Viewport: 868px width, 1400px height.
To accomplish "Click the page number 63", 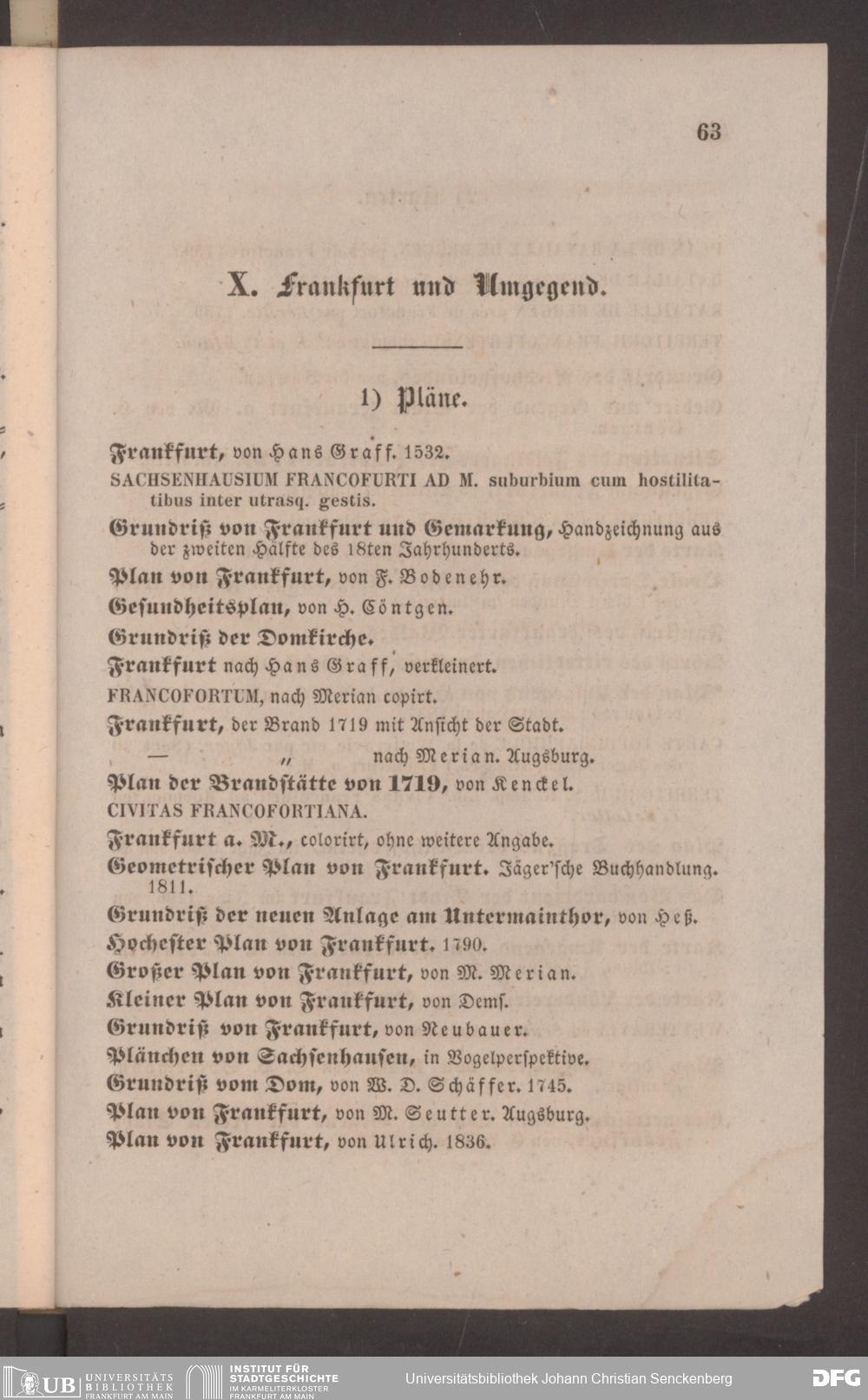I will tap(708, 132).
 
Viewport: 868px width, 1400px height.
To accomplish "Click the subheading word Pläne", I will tap(431, 400).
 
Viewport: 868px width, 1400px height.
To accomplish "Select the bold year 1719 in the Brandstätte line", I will tap(417, 784).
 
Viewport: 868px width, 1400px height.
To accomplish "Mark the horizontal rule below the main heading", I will tap(418, 348).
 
